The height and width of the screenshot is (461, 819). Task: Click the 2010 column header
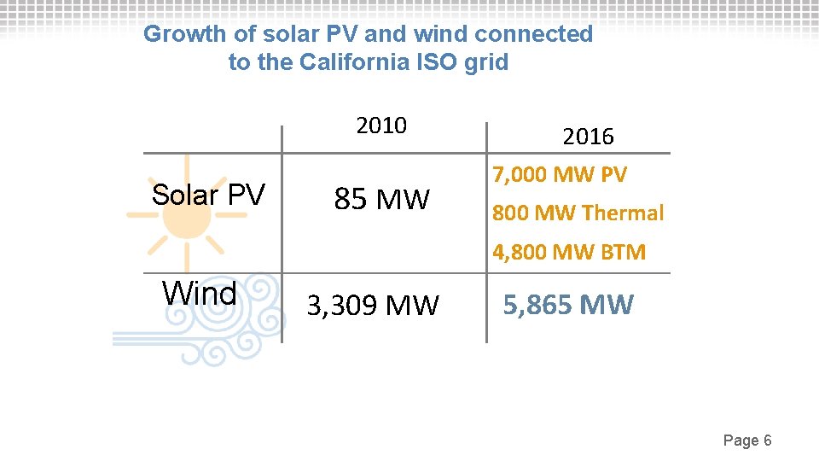(381, 125)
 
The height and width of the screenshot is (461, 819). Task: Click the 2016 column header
(588, 137)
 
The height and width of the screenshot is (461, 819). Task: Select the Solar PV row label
(208, 195)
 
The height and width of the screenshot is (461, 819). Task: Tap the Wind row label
(200, 294)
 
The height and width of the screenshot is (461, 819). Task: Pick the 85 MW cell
(381, 200)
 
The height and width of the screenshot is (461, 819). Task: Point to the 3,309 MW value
(373, 305)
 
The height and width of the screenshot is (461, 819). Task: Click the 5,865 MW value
(568, 305)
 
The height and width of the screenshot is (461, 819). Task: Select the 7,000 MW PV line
(559, 175)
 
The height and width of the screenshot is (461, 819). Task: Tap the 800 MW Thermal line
(578, 213)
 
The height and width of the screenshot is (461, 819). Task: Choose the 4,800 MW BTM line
(569, 252)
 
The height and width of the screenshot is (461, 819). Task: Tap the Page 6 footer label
(747, 441)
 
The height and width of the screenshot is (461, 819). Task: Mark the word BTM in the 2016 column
(624, 252)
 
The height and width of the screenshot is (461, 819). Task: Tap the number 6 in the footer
(768, 441)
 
